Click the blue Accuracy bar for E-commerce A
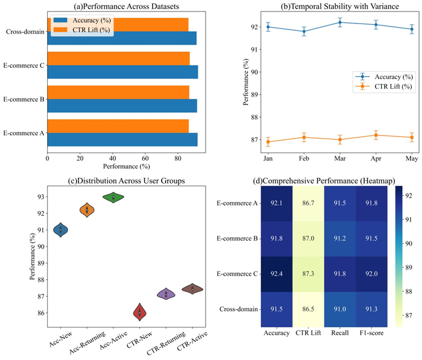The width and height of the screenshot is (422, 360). pyautogui.click(x=121, y=139)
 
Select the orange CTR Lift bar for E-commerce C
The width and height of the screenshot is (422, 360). pyautogui.click(x=118, y=58)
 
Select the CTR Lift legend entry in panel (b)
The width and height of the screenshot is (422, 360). pyautogui.click(x=386, y=86)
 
